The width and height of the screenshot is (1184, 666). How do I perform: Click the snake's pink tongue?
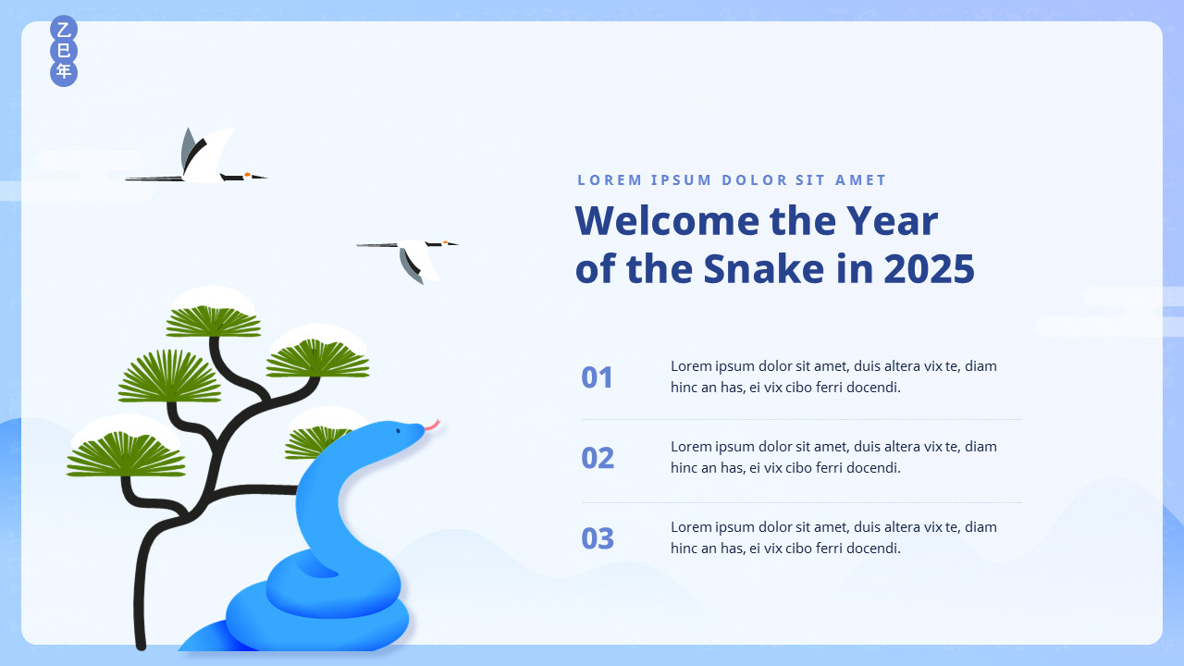point(433,425)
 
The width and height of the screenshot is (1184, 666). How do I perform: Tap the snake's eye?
point(398,431)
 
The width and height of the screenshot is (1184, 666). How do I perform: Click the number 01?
point(597,377)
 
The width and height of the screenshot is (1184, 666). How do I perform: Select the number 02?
point(598,458)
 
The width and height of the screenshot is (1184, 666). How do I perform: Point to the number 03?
point(598,538)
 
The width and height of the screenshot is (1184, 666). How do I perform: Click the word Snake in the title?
point(764,268)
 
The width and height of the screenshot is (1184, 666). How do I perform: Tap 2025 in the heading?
point(929,269)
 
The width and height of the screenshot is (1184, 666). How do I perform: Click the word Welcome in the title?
point(668,220)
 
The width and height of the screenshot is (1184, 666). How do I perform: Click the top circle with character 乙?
point(64,30)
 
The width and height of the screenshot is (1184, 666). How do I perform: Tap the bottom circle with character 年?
point(64,72)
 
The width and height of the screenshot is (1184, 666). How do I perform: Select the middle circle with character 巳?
point(64,51)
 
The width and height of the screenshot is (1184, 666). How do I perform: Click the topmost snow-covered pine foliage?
point(213,313)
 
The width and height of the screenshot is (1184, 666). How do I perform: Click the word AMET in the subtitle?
point(860,180)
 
